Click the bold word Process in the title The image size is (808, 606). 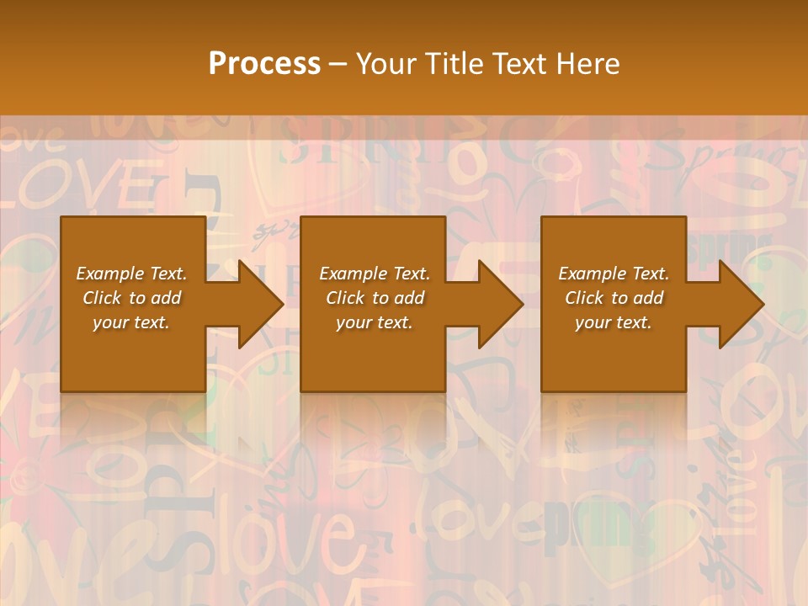click(264, 63)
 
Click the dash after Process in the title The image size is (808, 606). click(338, 65)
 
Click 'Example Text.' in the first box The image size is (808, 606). click(131, 274)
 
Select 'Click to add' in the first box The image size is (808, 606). click(131, 298)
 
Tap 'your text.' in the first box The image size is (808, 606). click(131, 322)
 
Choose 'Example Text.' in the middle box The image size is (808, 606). click(375, 274)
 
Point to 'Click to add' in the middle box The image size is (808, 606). click(375, 298)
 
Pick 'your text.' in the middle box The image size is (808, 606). click(375, 322)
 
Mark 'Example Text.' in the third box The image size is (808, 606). click(614, 274)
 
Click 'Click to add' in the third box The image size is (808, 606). click(614, 298)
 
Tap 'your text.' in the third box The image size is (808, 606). click(614, 322)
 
